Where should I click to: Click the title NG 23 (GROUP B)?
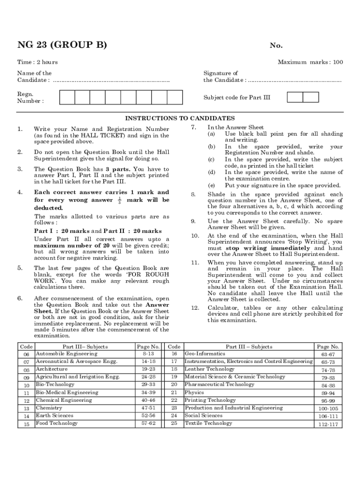pos(62,45)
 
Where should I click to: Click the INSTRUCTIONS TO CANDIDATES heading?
pos(180,118)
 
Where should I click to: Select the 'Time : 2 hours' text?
pos(37,62)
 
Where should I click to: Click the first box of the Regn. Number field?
pos(67,97)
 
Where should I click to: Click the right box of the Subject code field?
pos(311,97)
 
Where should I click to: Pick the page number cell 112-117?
pos(328,424)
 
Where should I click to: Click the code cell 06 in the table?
pos(26,355)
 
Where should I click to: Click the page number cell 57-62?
pos(149,423)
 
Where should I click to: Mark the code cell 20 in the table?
pos(174,385)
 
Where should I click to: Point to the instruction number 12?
pos(195,308)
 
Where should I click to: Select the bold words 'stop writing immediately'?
pos(269,248)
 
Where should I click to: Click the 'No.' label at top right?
pos(276,46)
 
